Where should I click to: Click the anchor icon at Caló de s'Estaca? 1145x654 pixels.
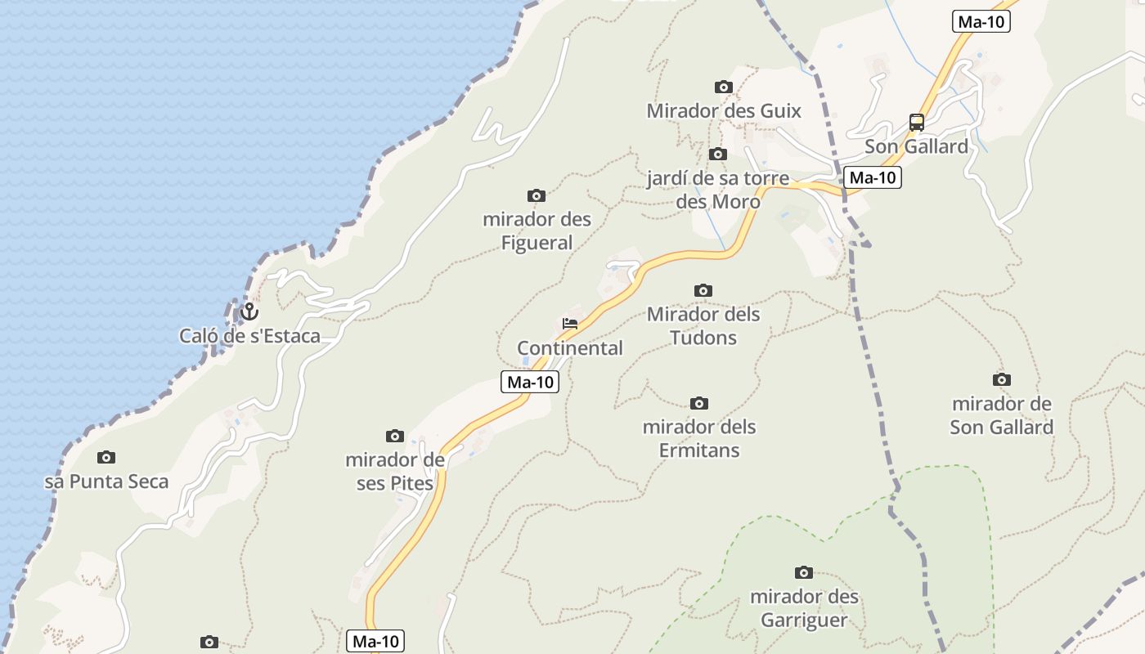click(x=249, y=311)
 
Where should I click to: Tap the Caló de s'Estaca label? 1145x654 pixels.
click(x=249, y=336)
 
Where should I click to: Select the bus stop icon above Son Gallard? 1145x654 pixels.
click(x=917, y=123)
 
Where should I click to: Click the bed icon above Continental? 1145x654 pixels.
click(x=570, y=324)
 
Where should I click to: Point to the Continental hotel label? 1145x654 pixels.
click(x=570, y=348)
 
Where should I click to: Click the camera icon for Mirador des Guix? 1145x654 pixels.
click(x=723, y=87)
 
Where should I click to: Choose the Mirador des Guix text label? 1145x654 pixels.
click(x=724, y=111)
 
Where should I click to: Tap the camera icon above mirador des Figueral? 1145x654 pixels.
click(x=537, y=195)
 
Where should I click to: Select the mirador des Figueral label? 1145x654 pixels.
click(x=537, y=231)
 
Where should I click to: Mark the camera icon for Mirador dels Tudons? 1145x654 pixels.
click(x=703, y=290)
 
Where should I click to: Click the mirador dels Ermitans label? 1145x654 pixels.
click(x=699, y=439)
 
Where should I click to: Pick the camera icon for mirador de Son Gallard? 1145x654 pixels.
click(x=1001, y=379)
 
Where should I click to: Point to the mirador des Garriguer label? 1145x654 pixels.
click(x=805, y=608)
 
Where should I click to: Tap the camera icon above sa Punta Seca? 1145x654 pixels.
click(x=106, y=457)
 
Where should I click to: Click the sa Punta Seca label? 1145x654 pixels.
click(x=106, y=482)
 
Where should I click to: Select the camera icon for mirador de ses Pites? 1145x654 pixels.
click(x=395, y=436)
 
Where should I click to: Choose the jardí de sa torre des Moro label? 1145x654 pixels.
click(x=718, y=190)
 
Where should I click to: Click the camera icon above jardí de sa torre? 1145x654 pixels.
click(x=717, y=154)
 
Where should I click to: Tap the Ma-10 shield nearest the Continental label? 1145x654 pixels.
click(x=530, y=382)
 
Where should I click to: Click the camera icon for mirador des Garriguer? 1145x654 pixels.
click(x=804, y=572)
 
